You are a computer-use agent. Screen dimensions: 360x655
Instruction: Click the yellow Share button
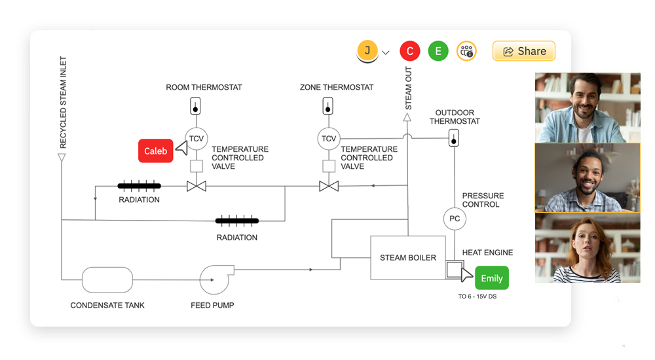click(523, 51)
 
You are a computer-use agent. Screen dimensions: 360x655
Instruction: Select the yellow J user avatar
click(367, 51)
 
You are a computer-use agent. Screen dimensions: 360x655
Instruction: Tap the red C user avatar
click(410, 51)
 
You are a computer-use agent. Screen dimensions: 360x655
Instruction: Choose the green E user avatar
click(438, 51)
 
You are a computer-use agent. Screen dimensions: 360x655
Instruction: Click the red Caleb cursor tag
click(156, 151)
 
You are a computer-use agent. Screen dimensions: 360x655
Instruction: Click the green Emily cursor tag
click(491, 278)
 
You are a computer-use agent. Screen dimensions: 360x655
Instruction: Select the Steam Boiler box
click(408, 257)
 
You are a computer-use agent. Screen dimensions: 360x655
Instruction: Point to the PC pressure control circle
click(455, 219)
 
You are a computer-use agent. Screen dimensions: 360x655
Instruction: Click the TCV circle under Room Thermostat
click(196, 138)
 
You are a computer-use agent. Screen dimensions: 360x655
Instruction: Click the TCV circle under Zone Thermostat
click(329, 138)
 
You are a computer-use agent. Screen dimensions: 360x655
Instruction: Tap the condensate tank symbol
click(107, 279)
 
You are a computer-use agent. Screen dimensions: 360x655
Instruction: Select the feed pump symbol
click(214, 279)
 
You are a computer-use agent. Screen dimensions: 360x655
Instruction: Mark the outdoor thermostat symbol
click(453, 138)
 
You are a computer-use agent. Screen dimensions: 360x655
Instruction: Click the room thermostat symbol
click(196, 105)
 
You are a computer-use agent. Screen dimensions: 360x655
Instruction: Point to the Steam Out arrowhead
click(407, 117)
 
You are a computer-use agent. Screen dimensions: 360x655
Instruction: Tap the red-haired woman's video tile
click(588, 247)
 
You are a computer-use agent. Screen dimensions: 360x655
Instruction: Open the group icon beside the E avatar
click(466, 51)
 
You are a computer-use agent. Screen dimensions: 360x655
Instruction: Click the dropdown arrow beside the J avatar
click(386, 52)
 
